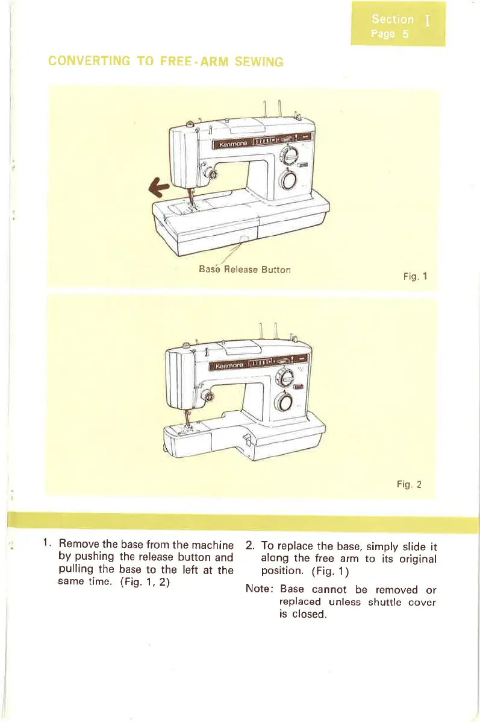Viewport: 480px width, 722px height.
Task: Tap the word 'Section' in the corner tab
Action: coord(392,20)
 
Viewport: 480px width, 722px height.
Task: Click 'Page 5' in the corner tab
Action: coord(390,34)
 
